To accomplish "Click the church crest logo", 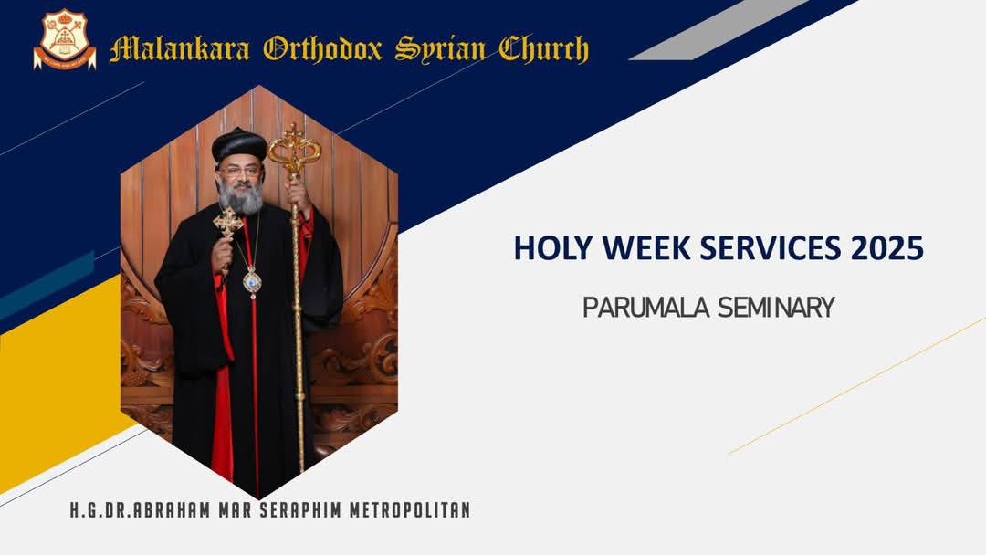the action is (x=65, y=39).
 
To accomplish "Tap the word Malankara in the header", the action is (x=180, y=49).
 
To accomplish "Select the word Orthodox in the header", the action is (x=322, y=49).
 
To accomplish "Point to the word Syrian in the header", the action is (x=440, y=49).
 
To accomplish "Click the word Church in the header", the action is (x=544, y=49).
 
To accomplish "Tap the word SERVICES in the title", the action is (x=770, y=247).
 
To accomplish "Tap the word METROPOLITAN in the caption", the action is (x=410, y=509).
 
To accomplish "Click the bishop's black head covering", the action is (x=238, y=144).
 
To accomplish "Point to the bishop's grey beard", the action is (x=241, y=198).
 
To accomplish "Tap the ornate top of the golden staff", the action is (x=294, y=150).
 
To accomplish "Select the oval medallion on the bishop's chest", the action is (x=252, y=281).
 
